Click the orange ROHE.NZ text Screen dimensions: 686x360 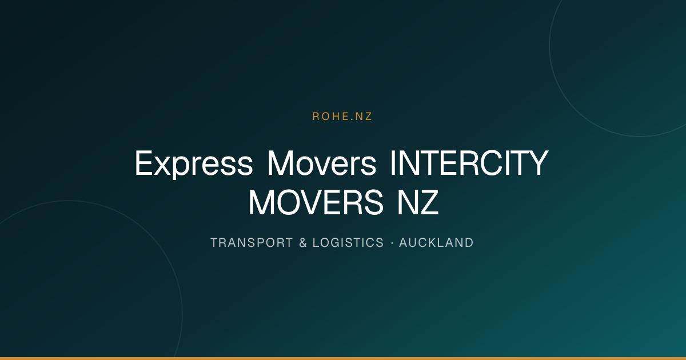click(x=342, y=117)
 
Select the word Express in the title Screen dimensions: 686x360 click(x=194, y=164)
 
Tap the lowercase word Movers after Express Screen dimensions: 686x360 click(x=321, y=163)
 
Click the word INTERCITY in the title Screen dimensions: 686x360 click(x=469, y=163)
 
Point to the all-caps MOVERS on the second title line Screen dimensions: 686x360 click(x=316, y=203)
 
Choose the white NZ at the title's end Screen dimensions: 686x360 click(x=418, y=203)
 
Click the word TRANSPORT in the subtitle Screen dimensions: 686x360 click(x=252, y=243)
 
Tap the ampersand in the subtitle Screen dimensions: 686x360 click(x=303, y=243)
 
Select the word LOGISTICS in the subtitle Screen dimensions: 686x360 click(x=348, y=243)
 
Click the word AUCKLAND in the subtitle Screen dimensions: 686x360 click(x=436, y=243)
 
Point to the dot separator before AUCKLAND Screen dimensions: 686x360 click(x=392, y=243)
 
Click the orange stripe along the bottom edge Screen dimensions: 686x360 click(x=343, y=358)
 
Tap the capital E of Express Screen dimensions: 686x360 click(x=144, y=163)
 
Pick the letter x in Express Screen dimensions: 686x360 click(x=162, y=166)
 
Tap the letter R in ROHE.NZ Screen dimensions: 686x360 click(x=316, y=117)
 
